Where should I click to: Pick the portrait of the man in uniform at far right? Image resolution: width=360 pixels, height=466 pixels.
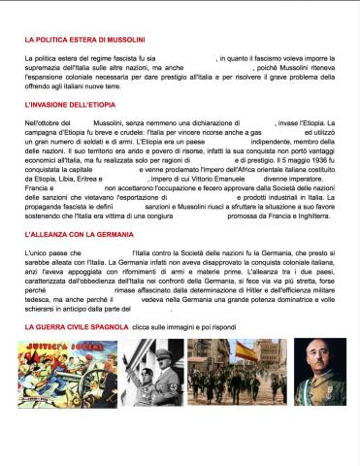pos(320,373)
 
